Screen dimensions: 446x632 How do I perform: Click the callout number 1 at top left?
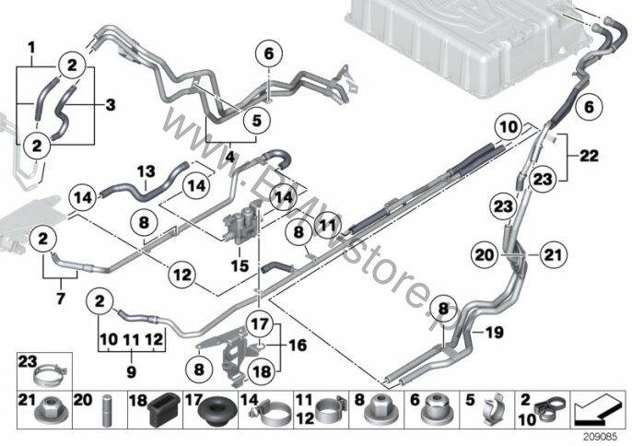click(x=32, y=46)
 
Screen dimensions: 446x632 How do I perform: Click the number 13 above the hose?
click(x=145, y=171)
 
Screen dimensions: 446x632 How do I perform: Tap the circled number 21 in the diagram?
click(x=553, y=252)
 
